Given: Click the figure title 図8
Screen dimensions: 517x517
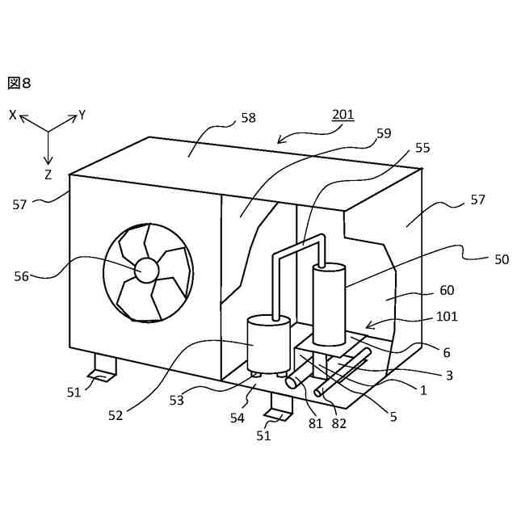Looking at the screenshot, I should point(19,82).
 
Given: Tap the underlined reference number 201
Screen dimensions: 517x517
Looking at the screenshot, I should point(343,115).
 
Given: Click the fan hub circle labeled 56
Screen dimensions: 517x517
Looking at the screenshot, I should point(147,270).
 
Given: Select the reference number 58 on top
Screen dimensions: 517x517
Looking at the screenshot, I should point(248,118).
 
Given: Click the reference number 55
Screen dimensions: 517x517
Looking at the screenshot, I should point(422,148).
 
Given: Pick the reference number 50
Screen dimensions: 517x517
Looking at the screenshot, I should point(502,259).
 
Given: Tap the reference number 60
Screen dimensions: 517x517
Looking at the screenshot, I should point(446,291).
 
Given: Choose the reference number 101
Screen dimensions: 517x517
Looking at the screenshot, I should point(446,317).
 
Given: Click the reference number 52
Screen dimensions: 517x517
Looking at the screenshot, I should point(115,415).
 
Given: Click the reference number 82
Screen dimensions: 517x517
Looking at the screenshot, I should point(338,422).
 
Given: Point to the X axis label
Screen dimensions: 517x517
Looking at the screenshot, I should point(13,116).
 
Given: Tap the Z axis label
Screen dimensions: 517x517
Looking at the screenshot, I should point(48,174).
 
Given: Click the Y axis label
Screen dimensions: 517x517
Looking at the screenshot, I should point(82,116).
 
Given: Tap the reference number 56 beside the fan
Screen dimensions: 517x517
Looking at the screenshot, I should point(22,276).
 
